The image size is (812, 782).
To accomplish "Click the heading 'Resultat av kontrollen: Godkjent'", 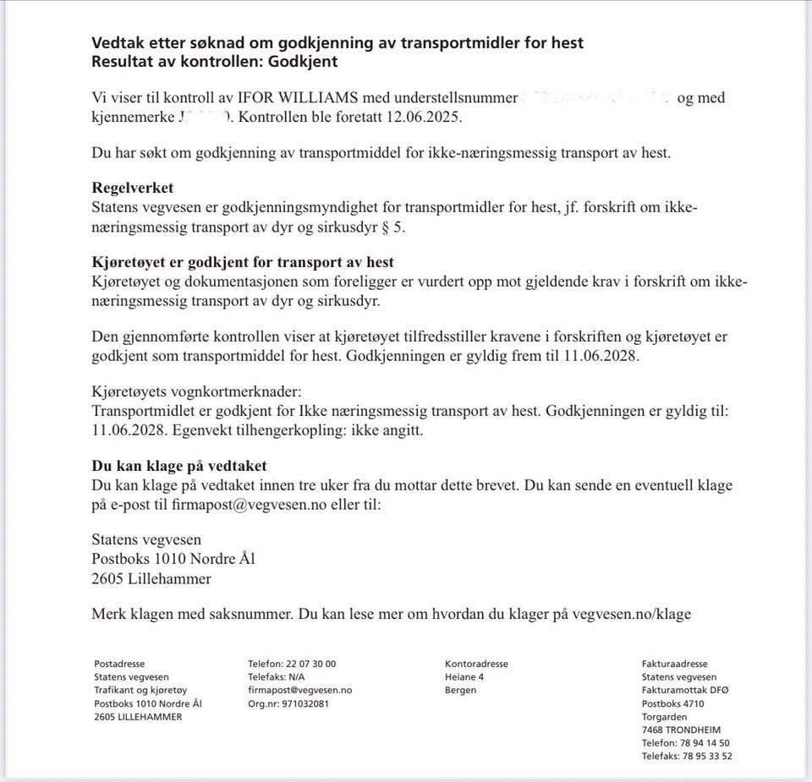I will tap(215, 62).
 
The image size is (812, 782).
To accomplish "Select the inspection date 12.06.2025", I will tap(427, 117).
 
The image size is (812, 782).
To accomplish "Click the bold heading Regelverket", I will tap(132, 189).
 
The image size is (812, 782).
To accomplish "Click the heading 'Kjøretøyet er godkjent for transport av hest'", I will tap(243, 262).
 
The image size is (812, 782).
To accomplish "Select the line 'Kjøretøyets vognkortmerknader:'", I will tap(196, 393).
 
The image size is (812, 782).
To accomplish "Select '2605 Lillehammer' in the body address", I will tap(151, 579).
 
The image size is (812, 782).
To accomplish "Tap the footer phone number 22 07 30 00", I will tap(312, 664).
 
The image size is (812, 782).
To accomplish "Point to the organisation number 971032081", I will tap(305, 703).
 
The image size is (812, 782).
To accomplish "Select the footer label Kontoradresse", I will tap(476, 664).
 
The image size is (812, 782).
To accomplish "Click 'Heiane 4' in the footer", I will tap(464, 677).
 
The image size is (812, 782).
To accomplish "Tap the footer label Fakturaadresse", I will tap(674, 664).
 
